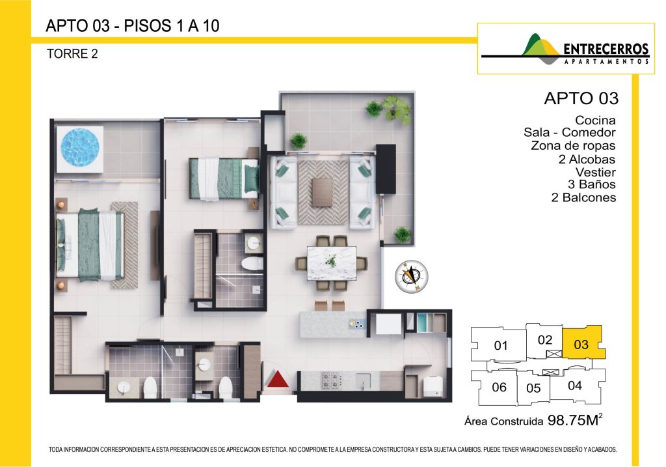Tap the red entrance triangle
pos(278,379)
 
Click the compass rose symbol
pos(411,276)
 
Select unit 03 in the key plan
pos(582,343)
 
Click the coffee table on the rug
pos(323,192)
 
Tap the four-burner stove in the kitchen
pos(332,380)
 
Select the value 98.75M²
pos(575,420)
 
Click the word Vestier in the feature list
pos(595,172)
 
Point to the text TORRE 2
pos(72,54)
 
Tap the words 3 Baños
pos(591,184)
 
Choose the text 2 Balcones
pos(583,197)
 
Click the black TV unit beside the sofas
pos(386,169)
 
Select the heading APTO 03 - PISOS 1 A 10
pos(133,26)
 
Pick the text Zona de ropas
pos(572,145)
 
